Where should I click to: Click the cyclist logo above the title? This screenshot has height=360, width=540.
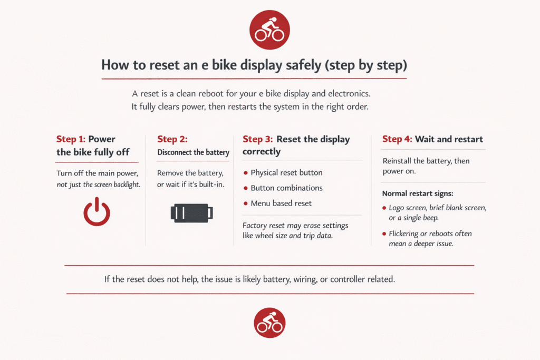[x=269, y=30]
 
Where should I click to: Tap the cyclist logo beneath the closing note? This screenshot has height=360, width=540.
[x=269, y=323]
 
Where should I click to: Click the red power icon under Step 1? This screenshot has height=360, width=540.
[x=97, y=212]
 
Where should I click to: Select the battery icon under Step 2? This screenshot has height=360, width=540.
[x=192, y=213]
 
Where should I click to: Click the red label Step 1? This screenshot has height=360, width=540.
[x=71, y=139]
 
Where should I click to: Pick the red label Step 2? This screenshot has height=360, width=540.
[x=172, y=139]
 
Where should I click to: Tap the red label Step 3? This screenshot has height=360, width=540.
[x=257, y=139]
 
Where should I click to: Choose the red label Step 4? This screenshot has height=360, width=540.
[x=397, y=139]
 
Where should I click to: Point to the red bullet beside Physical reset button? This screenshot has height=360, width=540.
[x=246, y=173]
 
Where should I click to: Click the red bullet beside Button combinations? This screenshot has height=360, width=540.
[x=246, y=188]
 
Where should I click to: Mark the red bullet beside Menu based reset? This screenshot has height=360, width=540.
[x=246, y=203]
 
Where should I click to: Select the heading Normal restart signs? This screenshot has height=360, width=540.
[x=418, y=193]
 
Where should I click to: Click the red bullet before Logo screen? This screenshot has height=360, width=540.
[x=384, y=208]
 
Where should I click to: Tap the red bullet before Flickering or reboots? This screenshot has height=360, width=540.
[x=384, y=233]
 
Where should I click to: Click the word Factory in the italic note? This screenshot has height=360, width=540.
[x=255, y=226]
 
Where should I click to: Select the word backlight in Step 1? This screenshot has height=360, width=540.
[x=127, y=184]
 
